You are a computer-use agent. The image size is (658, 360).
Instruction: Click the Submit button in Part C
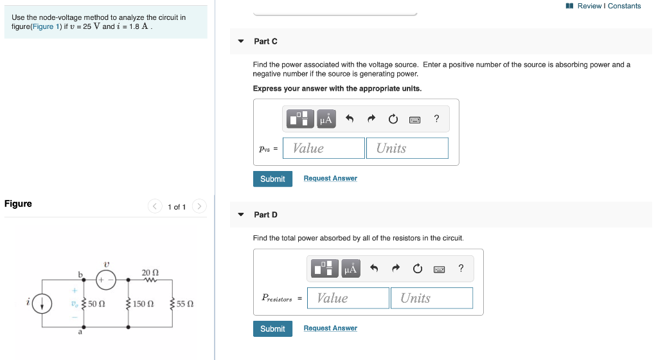coord(272,179)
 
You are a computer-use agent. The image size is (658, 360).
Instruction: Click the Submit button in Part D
coord(272,328)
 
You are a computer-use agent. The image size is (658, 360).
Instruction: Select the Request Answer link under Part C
coord(330,178)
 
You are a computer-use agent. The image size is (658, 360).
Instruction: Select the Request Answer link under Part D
coord(330,328)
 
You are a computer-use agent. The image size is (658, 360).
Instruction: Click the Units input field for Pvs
coord(407,148)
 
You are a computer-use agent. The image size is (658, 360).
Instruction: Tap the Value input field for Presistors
coord(348,298)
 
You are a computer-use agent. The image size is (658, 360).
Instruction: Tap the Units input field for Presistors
coord(431,298)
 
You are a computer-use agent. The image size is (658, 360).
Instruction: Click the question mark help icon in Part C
coord(437,118)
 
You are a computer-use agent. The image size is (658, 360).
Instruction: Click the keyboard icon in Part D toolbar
coord(440,269)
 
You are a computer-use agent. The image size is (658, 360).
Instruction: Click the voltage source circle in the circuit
coord(106,280)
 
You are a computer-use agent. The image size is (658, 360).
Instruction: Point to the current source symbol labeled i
coord(42,304)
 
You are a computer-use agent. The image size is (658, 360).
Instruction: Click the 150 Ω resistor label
coord(143,304)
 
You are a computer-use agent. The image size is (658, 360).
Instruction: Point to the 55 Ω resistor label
coord(185,304)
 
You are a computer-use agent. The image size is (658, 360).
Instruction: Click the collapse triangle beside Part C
coord(241,41)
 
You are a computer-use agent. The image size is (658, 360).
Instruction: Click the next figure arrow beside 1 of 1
coord(200,206)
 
